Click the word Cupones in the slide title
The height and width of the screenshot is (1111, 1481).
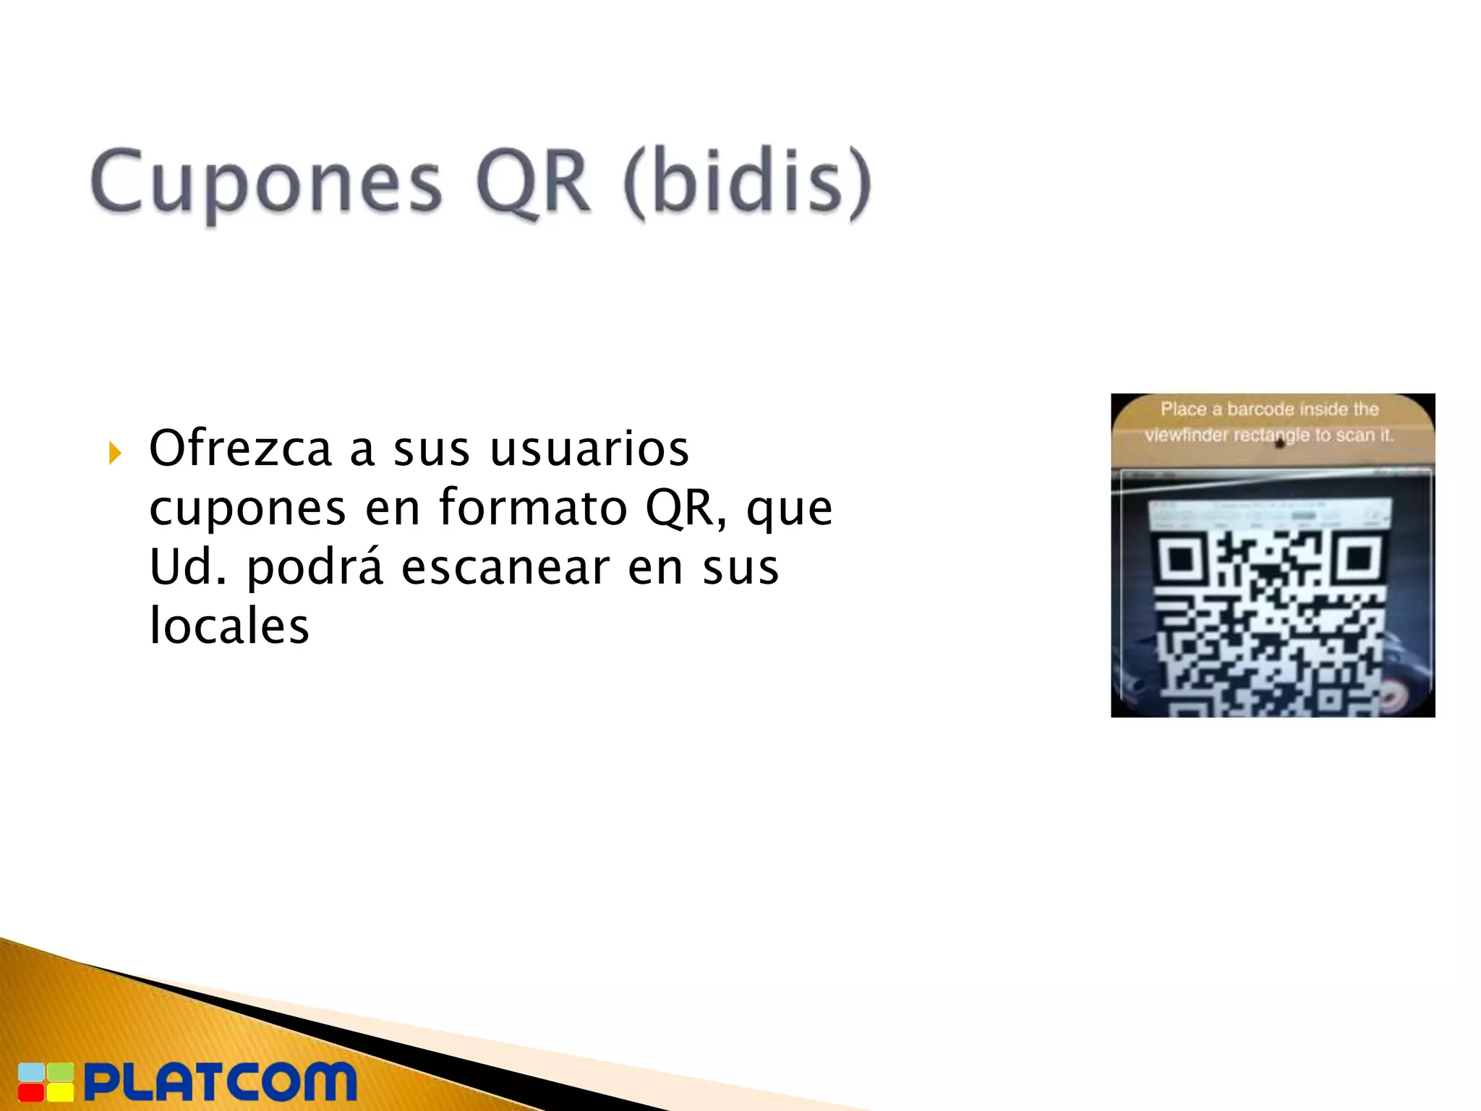pos(265,182)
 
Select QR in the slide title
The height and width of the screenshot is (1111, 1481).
pos(533,182)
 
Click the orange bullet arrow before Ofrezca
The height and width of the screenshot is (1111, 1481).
pos(114,454)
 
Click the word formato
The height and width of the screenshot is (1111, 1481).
pos(533,508)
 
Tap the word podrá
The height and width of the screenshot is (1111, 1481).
pos(315,567)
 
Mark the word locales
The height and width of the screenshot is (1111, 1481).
pos(229,626)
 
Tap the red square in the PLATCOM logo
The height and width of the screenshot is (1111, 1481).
pos(30,1091)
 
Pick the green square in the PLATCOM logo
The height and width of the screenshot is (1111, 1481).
pos(61,1073)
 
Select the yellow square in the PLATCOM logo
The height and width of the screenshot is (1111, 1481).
pos(61,1091)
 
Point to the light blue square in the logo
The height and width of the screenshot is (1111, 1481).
pos(30,1073)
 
